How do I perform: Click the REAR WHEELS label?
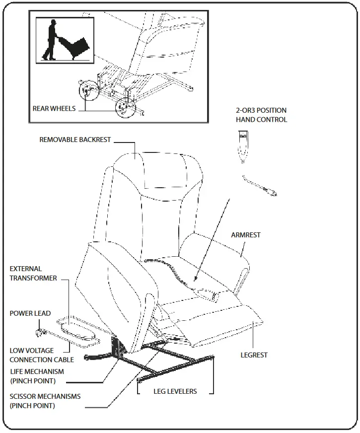(54, 108)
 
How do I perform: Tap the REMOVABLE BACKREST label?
(75, 140)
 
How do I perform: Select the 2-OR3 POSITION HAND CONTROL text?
(261, 115)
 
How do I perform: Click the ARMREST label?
(245, 235)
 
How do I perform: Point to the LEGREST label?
(254, 355)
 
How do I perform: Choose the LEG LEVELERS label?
(174, 391)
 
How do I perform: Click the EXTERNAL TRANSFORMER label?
(33, 273)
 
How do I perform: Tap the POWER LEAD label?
(30, 313)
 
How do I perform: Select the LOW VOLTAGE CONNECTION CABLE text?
(42, 355)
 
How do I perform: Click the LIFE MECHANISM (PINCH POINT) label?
(37, 376)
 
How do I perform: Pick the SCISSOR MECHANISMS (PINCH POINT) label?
(45, 401)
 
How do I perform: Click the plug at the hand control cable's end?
(272, 191)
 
